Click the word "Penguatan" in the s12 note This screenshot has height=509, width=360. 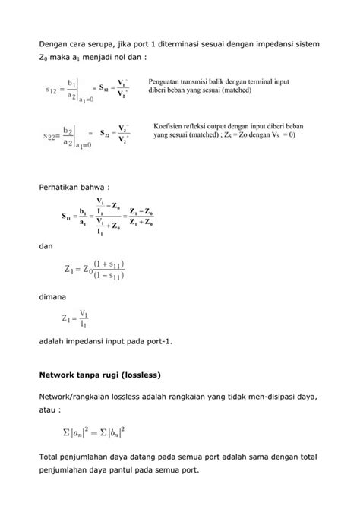[166, 80]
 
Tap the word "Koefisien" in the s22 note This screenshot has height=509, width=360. [169, 125]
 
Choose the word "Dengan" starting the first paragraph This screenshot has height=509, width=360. [54, 42]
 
